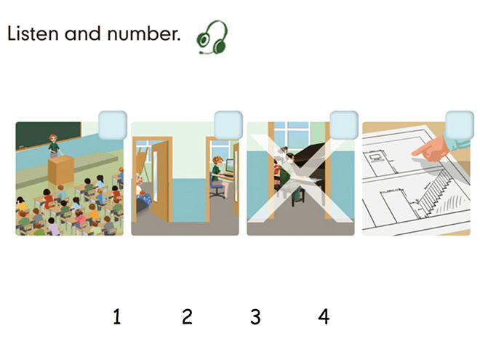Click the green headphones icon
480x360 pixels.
click(x=212, y=37)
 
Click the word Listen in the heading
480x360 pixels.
click(x=33, y=33)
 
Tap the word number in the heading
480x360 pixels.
click(x=143, y=33)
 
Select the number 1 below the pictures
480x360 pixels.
click(x=117, y=316)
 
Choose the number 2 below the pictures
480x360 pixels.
click(x=187, y=316)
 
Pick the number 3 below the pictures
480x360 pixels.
click(x=255, y=316)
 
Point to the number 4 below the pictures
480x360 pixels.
click(x=324, y=316)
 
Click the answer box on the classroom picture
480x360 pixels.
click(x=113, y=125)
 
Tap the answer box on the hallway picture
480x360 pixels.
click(x=228, y=125)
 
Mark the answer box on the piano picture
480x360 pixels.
click(x=344, y=125)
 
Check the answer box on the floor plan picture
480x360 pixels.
click(x=460, y=125)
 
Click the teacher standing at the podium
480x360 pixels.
click(x=55, y=146)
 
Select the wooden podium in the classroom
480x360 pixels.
click(x=61, y=170)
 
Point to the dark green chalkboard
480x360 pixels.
click(x=49, y=135)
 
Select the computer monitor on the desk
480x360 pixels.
click(x=229, y=166)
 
